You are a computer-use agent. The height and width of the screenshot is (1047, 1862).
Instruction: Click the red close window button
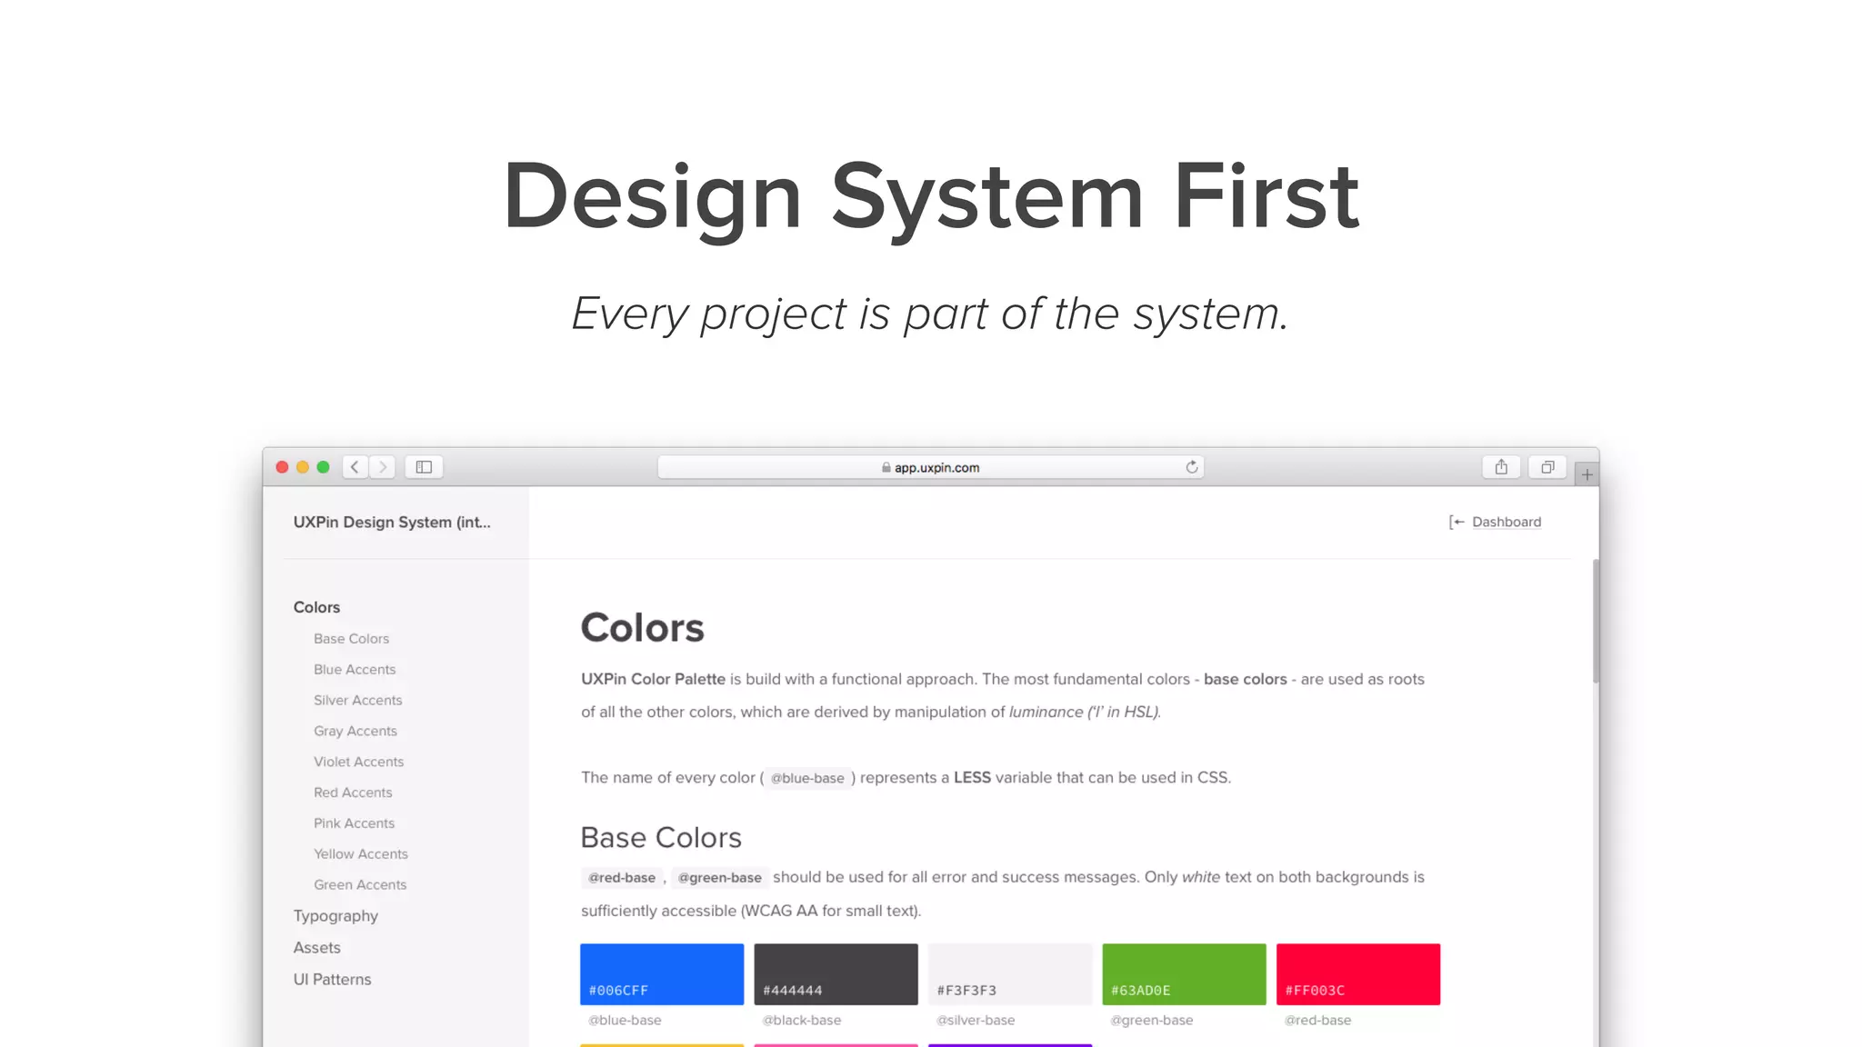pos(282,467)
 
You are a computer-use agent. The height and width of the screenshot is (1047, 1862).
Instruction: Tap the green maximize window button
pos(323,467)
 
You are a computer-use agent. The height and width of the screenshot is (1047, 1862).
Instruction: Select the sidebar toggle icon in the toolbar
pos(424,467)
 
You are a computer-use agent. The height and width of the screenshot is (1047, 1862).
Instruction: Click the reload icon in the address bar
pos(1192,467)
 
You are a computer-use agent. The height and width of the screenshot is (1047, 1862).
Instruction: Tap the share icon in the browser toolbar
pos(1501,467)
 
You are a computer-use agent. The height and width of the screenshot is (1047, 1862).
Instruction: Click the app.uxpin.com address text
pos(936,468)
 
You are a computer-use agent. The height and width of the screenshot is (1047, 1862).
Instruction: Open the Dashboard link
pos(1506,522)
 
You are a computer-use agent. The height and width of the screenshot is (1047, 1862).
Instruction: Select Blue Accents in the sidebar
pos(355,670)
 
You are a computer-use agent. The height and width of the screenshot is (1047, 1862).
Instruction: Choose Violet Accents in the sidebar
pos(358,762)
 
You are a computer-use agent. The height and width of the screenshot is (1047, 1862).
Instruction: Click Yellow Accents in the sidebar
pos(361,854)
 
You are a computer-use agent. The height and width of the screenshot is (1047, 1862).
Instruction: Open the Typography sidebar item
pos(335,916)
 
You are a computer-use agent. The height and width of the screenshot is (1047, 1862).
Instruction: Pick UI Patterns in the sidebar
pos(332,980)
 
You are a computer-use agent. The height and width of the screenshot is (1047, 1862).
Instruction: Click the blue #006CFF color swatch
pos(662,973)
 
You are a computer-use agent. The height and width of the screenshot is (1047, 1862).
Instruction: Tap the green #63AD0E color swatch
pos(1184,973)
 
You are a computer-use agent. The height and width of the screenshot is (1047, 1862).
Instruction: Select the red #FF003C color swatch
pos(1358,973)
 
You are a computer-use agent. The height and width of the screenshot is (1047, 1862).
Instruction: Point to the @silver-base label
pos(976,1021)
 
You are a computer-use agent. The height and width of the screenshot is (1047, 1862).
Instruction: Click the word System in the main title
pos(987,196)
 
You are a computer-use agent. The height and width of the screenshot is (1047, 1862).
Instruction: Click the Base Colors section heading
pos(661,837)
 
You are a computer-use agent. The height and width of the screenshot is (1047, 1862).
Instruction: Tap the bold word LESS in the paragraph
pos(972,778)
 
